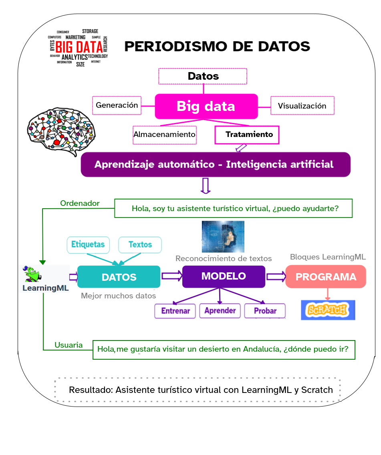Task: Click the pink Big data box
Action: [x=206, y=106]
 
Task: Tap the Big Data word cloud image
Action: [x=78, y=48]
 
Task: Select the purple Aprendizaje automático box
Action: [x=216, y=164]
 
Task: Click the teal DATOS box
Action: [x=119, y=277]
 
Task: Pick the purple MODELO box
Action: [x=224, y=276]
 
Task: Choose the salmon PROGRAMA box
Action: [x=325, y=277]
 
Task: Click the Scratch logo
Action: [x=328, y=310]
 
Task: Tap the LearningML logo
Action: [x=44, y=278]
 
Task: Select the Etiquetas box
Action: [x=88, y=244]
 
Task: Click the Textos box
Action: [x=140, y=244]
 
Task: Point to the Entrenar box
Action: [x=175, y=311]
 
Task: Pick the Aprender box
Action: [x=220, y=310]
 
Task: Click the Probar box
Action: [x=265, y=311]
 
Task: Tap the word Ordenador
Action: [x=80, y=203]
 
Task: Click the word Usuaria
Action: [x=69, y=345]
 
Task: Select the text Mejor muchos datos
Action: [x=118, y=296]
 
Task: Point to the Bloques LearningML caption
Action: [x=328, y=257]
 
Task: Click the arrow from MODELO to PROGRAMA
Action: [x=276, y=276]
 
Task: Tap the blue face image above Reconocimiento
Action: [x=223, y=236]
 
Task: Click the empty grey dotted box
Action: [x=198, y=389]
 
